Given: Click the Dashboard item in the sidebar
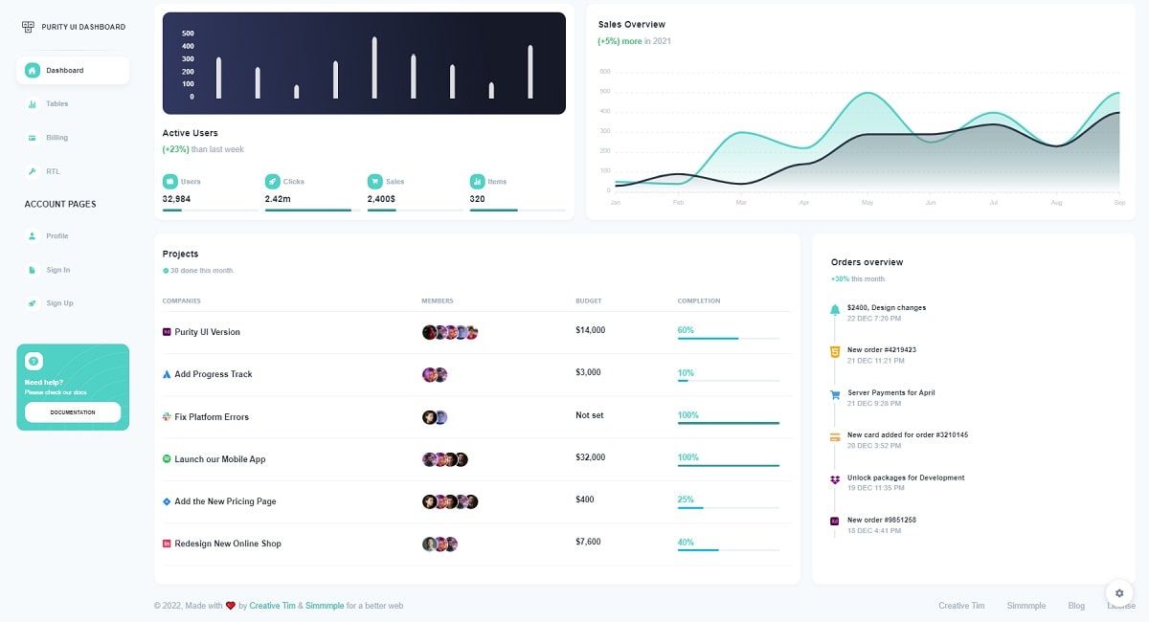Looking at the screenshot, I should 64,71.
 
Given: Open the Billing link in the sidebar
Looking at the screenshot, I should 56,138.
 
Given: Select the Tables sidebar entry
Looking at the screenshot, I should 56,104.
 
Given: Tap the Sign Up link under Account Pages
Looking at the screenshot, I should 59,303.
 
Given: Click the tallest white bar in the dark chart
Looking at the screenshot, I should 374,67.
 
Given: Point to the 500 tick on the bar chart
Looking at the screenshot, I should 188,33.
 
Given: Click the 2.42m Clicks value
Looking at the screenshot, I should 278,199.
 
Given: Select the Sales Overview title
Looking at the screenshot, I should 631,25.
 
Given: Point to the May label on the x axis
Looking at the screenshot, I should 867,203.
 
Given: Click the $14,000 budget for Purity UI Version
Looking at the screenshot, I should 590,330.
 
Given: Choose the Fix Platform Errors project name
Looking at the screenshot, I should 212,417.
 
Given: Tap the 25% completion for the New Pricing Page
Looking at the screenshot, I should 686,500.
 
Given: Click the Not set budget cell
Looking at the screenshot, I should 589,415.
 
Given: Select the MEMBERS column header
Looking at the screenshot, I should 437,301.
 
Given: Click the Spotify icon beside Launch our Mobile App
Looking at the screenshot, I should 167,459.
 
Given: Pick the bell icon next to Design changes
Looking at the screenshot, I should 835,310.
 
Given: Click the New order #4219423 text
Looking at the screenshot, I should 881,350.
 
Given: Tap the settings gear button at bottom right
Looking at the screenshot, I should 1119,593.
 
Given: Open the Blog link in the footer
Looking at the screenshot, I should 1076,606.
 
